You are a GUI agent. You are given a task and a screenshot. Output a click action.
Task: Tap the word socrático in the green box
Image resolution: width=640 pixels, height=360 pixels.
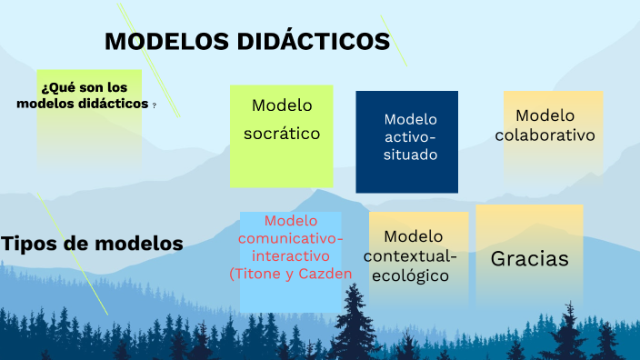(x=282, y=134)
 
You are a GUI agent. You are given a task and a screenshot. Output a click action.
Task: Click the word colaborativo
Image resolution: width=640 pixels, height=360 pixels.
(x=545, y=135)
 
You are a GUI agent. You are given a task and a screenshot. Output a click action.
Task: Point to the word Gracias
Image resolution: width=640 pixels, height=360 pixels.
(x=530, y=259)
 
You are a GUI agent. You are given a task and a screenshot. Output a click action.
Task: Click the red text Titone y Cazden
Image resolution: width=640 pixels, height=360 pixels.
(x=286, y=273)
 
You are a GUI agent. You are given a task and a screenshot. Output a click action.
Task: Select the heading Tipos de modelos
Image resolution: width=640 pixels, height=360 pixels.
(x=92, y=244)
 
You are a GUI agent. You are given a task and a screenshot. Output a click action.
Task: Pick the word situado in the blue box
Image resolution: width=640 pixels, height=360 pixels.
(x=410, y=155)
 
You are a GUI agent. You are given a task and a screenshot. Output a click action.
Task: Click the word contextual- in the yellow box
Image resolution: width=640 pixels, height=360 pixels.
(x=411, y=255)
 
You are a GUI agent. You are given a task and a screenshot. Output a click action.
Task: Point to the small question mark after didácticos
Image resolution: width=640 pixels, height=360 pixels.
(x=154, y=105)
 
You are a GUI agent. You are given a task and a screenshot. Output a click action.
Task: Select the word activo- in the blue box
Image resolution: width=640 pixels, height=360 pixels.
(x=411, y=136)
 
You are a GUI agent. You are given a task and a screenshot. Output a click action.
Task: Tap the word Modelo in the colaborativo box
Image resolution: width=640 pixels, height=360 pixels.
(x=545, y=115)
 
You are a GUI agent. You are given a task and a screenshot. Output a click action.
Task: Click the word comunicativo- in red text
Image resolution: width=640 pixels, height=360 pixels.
(x=291, y=238)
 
